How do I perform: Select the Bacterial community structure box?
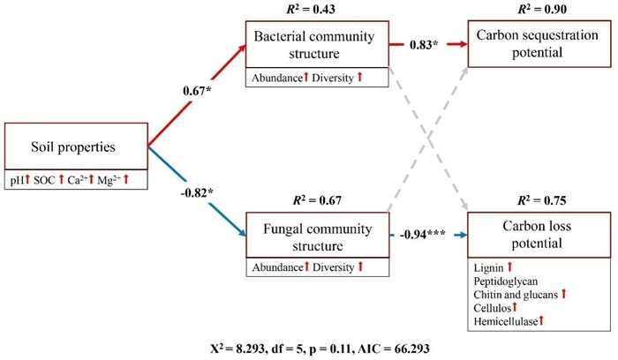316,43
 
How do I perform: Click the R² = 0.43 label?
316,10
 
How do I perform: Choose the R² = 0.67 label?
316,201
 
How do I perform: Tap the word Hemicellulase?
509,321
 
